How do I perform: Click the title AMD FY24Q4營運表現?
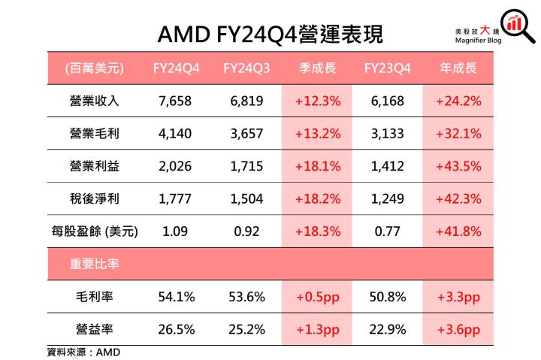coord(270,34)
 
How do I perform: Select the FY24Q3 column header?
coord(246,68)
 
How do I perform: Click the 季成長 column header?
coord(317,68)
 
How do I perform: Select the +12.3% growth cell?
coord(317,101)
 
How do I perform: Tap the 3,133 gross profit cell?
coord(388,134)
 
